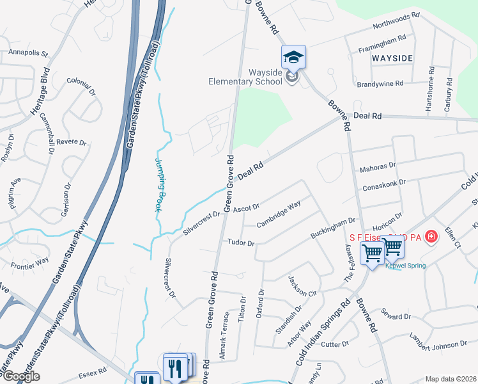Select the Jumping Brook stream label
(158, 185)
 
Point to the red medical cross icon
(433, 237)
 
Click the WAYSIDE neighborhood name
(390, 58)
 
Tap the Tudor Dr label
(241, 243)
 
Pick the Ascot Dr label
(246, 207)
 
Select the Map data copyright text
(450, 379)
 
